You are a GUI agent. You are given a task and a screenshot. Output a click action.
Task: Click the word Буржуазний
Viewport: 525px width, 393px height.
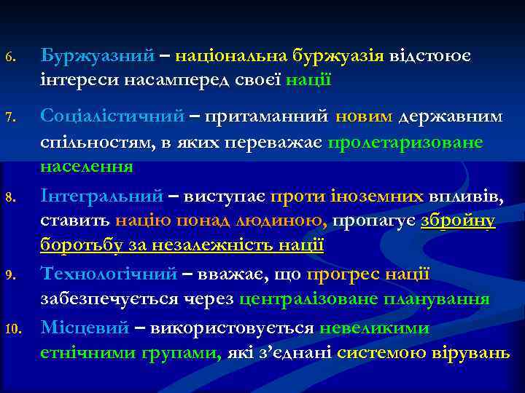pyautogui.click(x=97, y=55)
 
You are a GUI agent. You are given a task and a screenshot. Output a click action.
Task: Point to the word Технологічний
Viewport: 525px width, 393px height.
pyautogui.click(x=109, y=274)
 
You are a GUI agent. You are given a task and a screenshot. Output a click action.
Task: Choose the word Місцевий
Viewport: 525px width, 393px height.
pyautogui.click(x=86, y=327)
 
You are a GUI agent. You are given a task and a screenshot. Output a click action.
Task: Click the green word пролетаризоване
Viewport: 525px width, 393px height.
pyautogui.click(x=405, y=142)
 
